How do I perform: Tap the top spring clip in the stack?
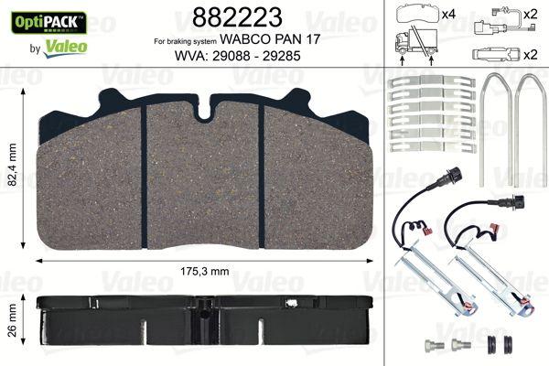(x=433, y=81)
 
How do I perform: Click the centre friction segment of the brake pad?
(x=204, y=174)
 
